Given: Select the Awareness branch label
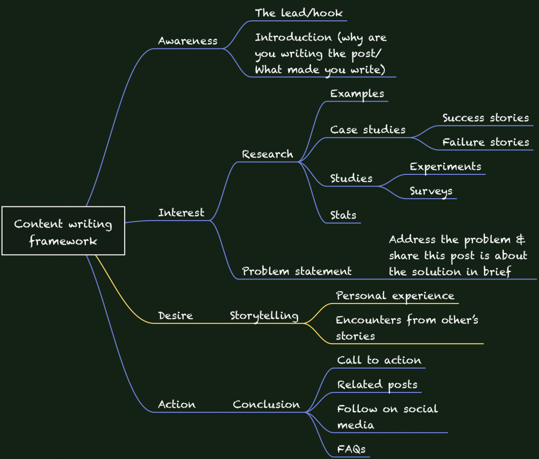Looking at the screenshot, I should (x=188, y=41).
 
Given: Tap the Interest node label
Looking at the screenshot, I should (x=181, y=212).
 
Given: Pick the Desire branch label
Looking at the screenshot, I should (x=175, y=316).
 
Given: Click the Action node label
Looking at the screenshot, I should (x=176, y=405).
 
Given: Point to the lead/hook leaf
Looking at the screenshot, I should (x=298, y=13).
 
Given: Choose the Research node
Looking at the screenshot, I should (x=267, y=155).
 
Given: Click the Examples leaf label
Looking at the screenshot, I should (x=357, y=94).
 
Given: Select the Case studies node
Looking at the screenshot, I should (x=368, y=130).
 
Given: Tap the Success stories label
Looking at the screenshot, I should (x=486, y=118).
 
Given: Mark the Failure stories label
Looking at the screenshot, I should (x=486, y=142).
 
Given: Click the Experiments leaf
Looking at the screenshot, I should (x=445, y=167).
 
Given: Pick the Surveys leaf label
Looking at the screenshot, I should (x=431, y=191).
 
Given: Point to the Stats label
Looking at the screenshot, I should (x=343, y=215).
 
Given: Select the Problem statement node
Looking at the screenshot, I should (x=296, y=271).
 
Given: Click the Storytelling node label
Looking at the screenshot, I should (x=264, y=316).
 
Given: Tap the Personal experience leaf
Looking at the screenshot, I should (x=395, y=296).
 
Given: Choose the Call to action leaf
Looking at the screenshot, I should (x=379, y=360).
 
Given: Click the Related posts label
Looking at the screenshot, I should (x=377, y=385).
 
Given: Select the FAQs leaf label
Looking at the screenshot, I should (x=351, y=449).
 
